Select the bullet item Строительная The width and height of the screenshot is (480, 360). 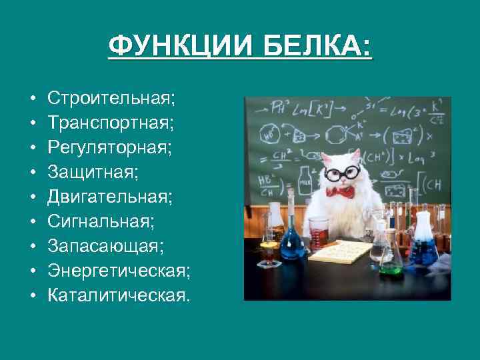(x=111, y=99)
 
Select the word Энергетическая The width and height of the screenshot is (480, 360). (x=119, y=271)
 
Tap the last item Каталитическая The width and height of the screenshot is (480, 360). (x=118, y=295)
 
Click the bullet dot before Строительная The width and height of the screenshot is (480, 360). (x=33, y=99)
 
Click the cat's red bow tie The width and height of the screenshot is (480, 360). (x=341, y=192)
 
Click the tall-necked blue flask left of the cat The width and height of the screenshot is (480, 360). (x=293, y=237)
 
